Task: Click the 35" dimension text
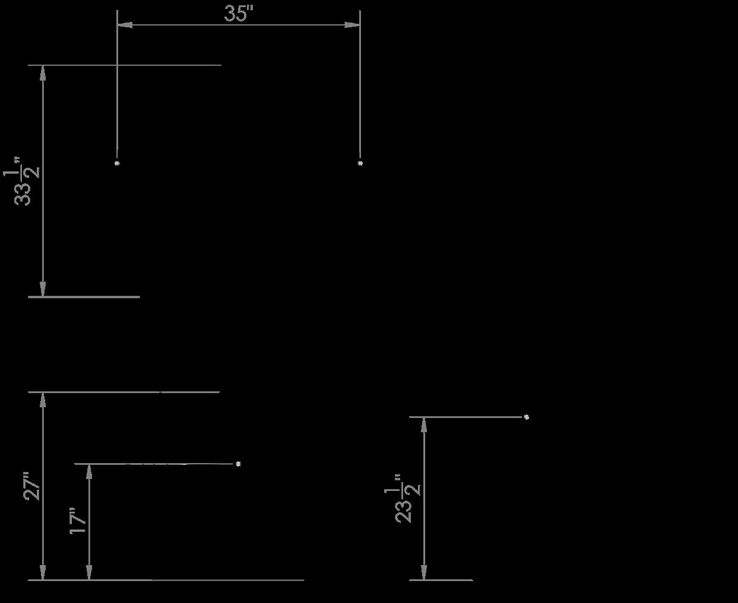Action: click(x=238, y=14)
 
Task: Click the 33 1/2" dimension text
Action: click(x=22, y=181)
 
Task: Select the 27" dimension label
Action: click(x=31, y=486)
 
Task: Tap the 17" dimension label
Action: click(x=78, y=521)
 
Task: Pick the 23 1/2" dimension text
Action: click(x=403, y=499)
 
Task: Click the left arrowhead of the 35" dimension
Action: click(x=125, y=25)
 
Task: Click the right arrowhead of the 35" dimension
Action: click(x=353, y=25)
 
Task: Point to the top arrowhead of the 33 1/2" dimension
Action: click(x=43, y=73)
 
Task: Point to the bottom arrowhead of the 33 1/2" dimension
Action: click(x=43, y=289)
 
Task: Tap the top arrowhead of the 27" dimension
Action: click(x=43, y=400)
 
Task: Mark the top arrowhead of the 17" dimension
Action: click(x=89, y=472)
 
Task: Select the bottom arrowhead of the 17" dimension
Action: click(x=89, y=572)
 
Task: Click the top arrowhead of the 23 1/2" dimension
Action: click(x=424, y=425)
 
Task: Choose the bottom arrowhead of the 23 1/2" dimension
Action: click(x=424, y=572)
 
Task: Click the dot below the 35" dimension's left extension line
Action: click(x=117, y=163)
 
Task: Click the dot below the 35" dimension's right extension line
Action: click(x=360, y=163)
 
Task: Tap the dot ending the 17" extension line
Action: click(x=238, y=464)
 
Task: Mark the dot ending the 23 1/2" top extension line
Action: click(x=526, y=417)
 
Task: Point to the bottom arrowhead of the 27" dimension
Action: click(x=43, y=572)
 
